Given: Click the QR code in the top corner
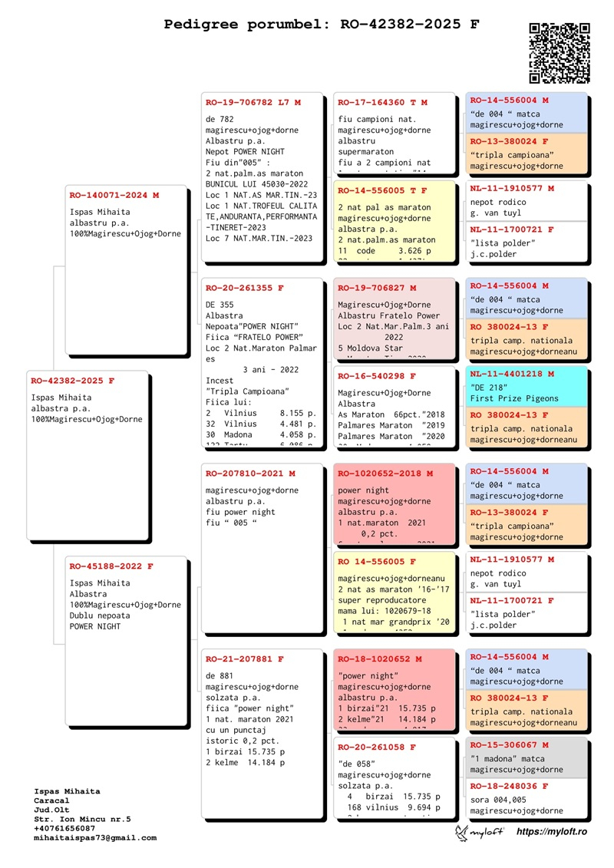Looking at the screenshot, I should pos(560,53).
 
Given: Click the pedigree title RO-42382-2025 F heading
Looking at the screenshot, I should pos(322,25).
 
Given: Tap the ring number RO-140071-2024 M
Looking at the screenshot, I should pos(114,196).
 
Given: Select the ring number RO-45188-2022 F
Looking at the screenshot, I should pos(111,566).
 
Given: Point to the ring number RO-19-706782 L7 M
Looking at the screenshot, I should pos(253,102).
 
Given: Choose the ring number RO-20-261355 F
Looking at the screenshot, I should pos(245,288).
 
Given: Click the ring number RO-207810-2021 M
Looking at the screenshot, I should pos(250,474).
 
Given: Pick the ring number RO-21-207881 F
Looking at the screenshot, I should pos(245,659).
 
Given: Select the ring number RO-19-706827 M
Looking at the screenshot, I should pos(377,288).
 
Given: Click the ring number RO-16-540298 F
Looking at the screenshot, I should pos(377,377).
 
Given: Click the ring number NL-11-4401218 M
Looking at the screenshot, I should pos(512,374).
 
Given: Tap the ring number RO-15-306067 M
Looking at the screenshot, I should pos(510,745).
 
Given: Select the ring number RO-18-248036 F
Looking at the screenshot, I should pos(510,787).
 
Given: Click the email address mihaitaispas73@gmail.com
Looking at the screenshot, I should pos(95,838).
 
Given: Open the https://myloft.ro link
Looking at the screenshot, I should pos(552,832).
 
